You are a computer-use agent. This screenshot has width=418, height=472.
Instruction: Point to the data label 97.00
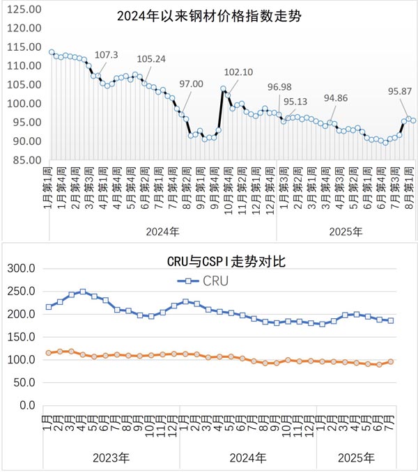(x=191, y=84)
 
